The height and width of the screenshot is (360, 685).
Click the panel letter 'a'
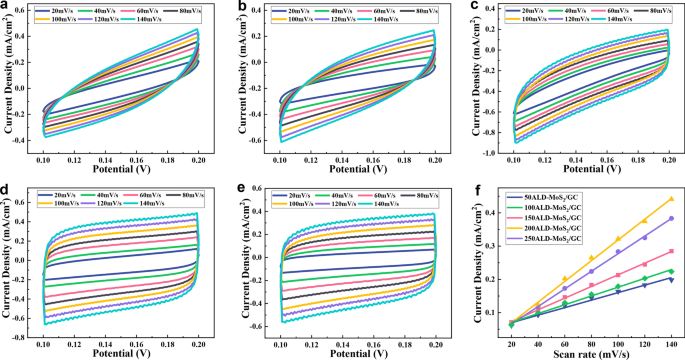[x=5, y=7]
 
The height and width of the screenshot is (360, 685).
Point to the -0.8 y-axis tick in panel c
[x=491, y=137]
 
